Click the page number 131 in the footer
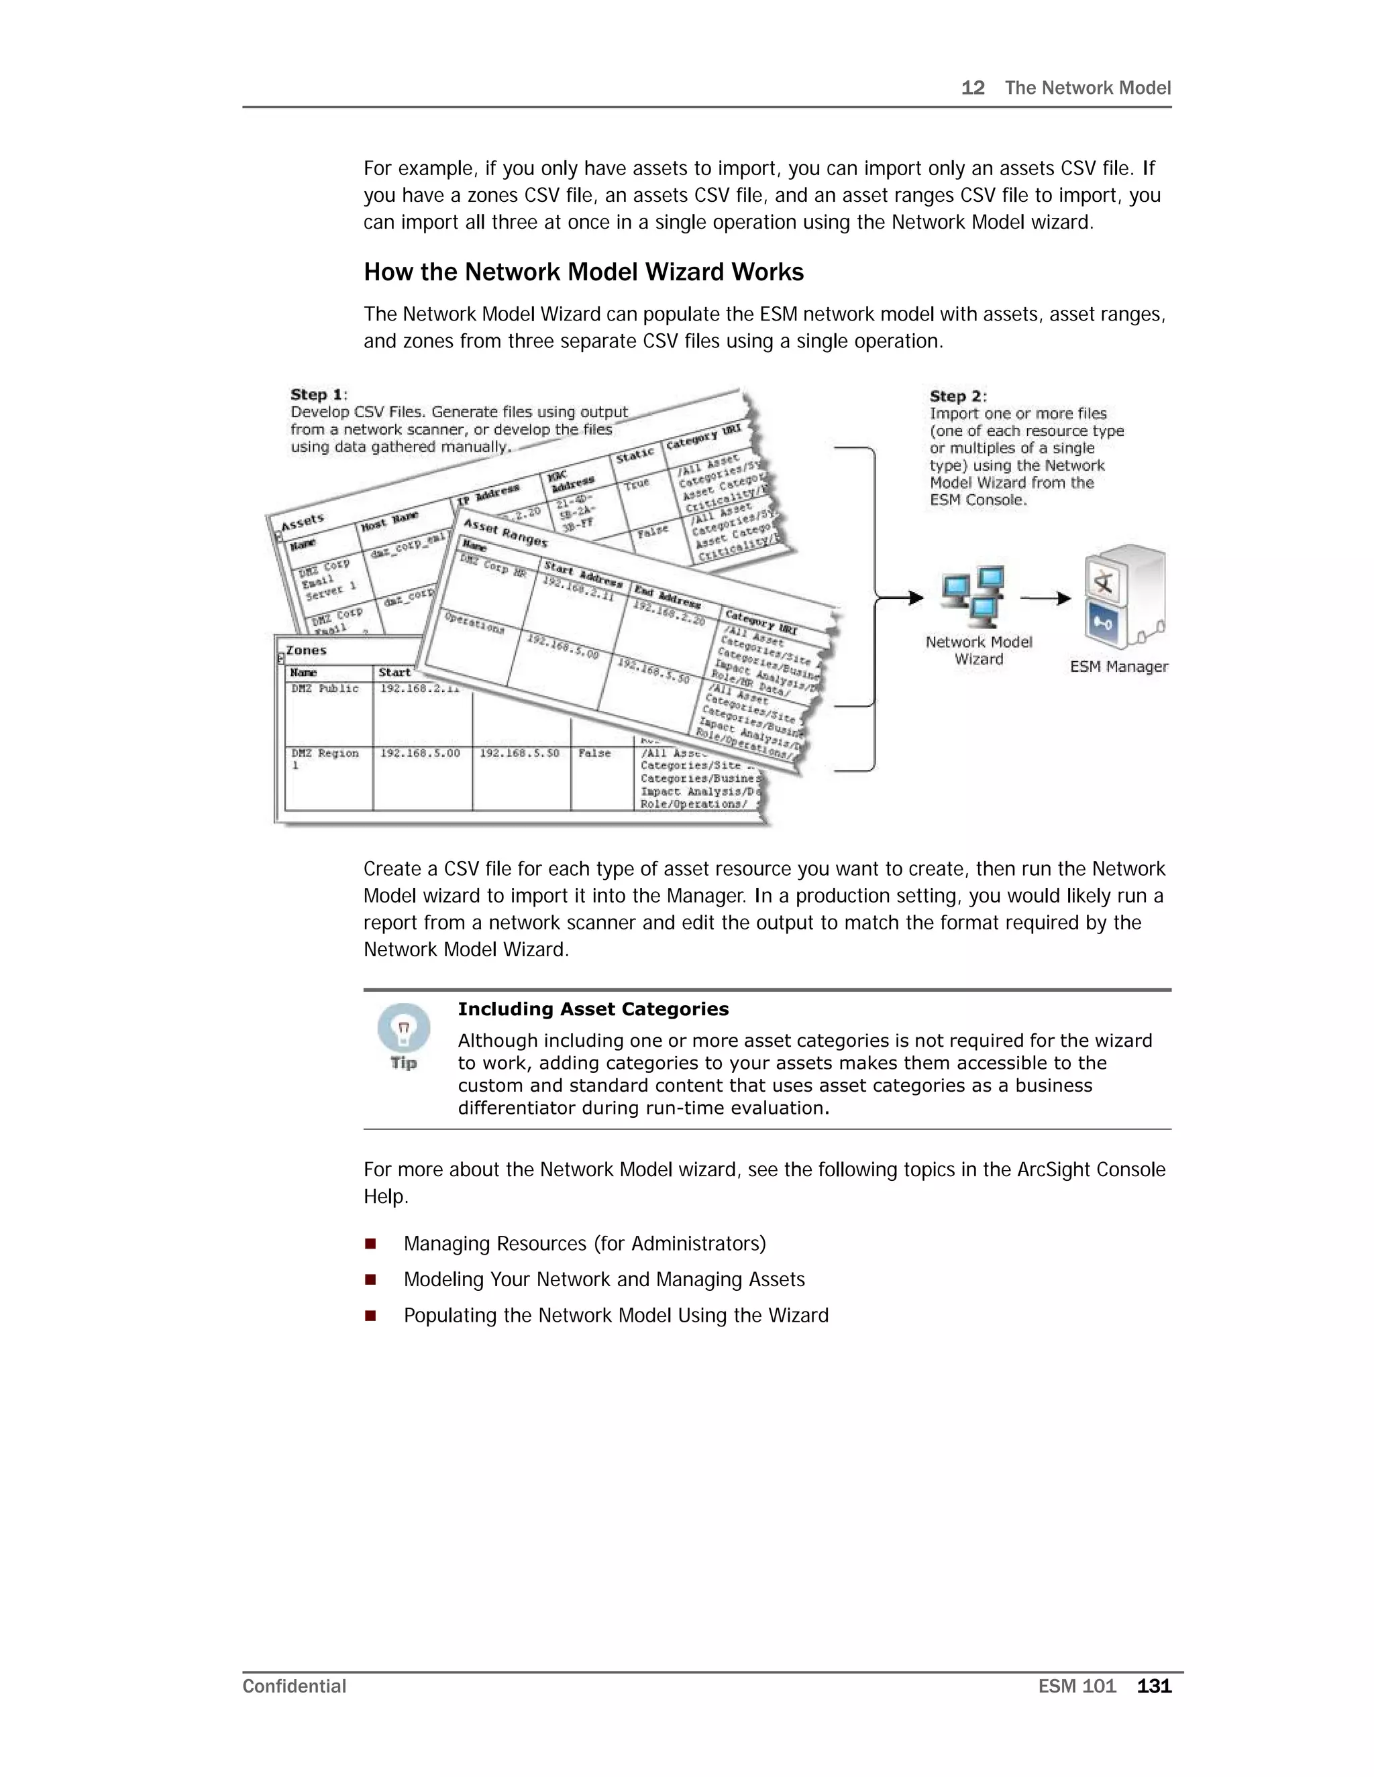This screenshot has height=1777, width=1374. click(x=1153, y=1686)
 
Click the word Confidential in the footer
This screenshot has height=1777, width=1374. click(x=294, y=1686)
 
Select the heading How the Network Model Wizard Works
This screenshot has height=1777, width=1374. click(x=583, y=272)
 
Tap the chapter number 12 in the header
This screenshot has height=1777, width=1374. click(x=972, y=88)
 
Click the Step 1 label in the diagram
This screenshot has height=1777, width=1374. click(x=317, y=394)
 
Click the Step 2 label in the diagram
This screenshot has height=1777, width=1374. click(x=957, y=396)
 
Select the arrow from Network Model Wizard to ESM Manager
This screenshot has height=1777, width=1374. click(x=1045, y=598)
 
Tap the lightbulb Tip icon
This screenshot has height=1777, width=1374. click(x=404, y=1029)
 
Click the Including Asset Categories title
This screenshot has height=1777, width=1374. click(x=592, y=1009)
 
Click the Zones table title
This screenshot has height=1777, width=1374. click(x=306, y=650)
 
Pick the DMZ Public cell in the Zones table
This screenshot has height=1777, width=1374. click(x=325, y=689)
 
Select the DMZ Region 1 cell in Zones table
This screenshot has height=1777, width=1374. click(x=324, y=758)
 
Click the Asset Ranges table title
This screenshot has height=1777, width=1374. click(x=505, y=533)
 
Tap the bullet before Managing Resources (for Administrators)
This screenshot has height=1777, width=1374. click(x=370, y=1243)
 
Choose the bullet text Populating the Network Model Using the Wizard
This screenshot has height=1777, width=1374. click(x=615, y=1315)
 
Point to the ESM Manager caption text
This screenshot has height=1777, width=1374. click(x=1118, y=667)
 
